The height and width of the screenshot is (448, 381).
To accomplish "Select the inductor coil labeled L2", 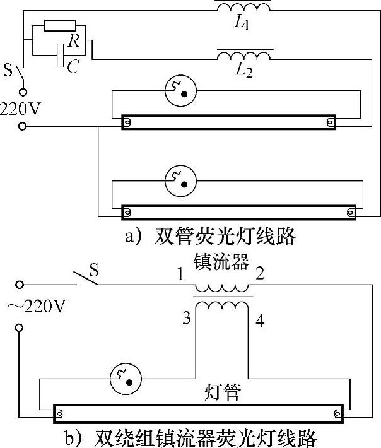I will (x=245, y=56).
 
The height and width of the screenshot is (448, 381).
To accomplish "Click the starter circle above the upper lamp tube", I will (x=179, y=91).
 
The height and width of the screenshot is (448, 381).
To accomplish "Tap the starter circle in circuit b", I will (x=125, y=378).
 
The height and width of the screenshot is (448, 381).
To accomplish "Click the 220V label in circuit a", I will (x=20, y=108).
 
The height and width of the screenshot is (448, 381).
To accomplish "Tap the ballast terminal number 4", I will (x=261, y=322).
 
